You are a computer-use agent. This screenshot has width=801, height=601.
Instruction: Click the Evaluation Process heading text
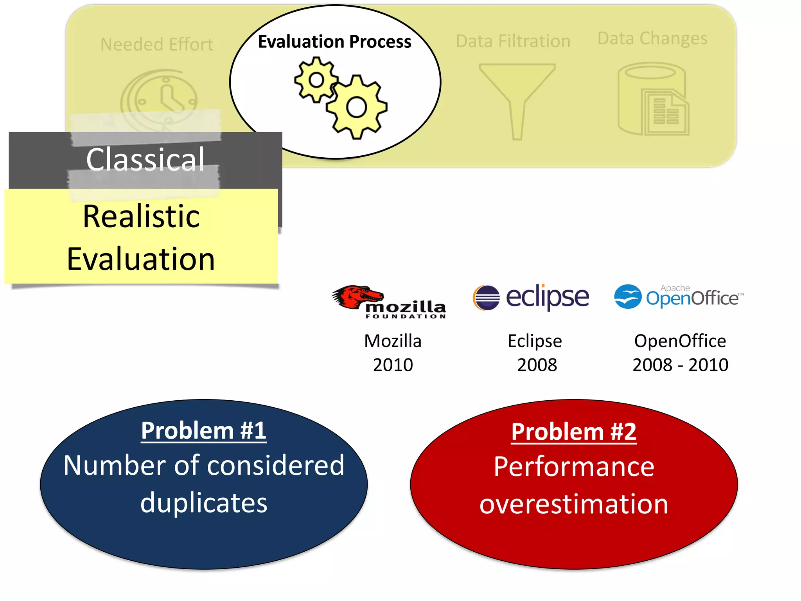(334, 41)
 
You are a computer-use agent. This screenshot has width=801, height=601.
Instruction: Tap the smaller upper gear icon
(316, 80)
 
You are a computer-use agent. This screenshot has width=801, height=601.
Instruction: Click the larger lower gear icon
(357, 107)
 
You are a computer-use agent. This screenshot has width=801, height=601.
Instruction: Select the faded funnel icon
(517, 98)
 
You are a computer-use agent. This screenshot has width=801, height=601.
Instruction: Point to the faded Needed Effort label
(157, 45)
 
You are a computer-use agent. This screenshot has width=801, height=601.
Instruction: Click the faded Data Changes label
(652, 38)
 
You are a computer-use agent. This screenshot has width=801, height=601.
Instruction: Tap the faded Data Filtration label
(513, 41)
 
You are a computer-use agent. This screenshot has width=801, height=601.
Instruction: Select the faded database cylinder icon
(652, 99)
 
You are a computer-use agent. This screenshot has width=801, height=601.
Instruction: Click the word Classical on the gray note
(145, 160)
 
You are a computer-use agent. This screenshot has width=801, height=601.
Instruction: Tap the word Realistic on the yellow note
(141, 216)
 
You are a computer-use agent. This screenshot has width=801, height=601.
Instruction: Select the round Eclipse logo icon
(486, 298)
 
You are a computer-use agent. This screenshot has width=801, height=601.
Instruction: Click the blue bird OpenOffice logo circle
(627, 297)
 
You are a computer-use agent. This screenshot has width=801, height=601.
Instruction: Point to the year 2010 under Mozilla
(393, 365)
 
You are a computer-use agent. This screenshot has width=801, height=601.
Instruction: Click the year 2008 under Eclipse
(537, 365)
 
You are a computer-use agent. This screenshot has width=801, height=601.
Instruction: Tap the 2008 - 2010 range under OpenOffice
(680, 365)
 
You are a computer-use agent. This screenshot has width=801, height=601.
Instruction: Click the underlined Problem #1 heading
(204, 431)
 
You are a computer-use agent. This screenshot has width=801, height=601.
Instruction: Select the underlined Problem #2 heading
(574, 432)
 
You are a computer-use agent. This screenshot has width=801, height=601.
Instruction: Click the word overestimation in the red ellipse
(574, 504)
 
